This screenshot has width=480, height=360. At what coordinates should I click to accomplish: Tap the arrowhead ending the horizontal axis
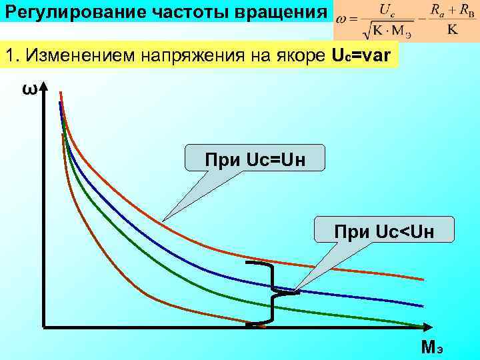pos(425,327)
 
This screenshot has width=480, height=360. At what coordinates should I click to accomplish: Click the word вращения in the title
pos(285,11)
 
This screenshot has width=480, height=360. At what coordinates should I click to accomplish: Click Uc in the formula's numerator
pos(385,9)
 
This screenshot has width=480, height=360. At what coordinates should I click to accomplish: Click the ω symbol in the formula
pos(341,21)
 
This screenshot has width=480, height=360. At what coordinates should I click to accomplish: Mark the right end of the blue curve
pos(421,305)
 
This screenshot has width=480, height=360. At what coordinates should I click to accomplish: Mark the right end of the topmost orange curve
pos(421,279)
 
